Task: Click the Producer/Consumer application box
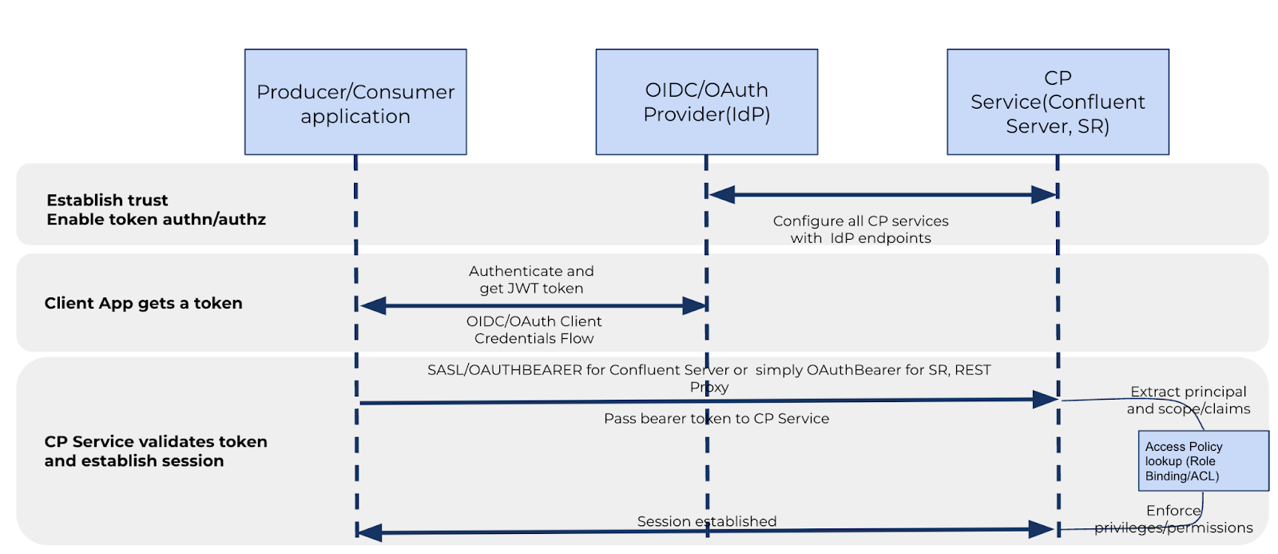coord(355,102)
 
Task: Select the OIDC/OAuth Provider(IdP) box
coord(706,102)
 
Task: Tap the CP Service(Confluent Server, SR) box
coord(1058,102)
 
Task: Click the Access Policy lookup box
coord(1203,460)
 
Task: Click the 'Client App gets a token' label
coord(143,303)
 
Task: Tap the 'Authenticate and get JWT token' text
coord(531,280)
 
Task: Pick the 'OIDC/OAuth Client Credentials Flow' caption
coord(534,329)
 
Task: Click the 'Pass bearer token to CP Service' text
coord(716,418)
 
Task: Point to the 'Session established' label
coord(706,521)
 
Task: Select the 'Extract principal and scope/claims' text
coord(1189,400)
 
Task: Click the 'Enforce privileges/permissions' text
coord(1173,519)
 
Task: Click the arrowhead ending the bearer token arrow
coord(1046,400)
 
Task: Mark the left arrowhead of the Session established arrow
coord(369,532)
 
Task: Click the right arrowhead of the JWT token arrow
coord(694,305)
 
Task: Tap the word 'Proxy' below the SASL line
coord(708,388)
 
